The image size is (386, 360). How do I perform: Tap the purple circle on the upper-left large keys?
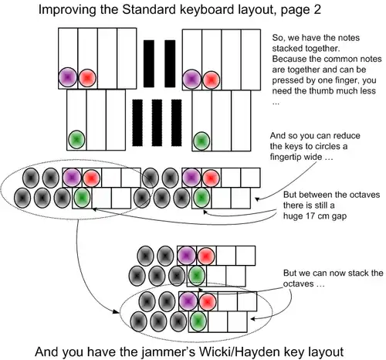click(67, 77)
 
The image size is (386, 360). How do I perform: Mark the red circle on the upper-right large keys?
click(211, 78)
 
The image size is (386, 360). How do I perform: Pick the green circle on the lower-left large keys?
click(76, 139)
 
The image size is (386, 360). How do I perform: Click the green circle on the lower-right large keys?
click(201, 139)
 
